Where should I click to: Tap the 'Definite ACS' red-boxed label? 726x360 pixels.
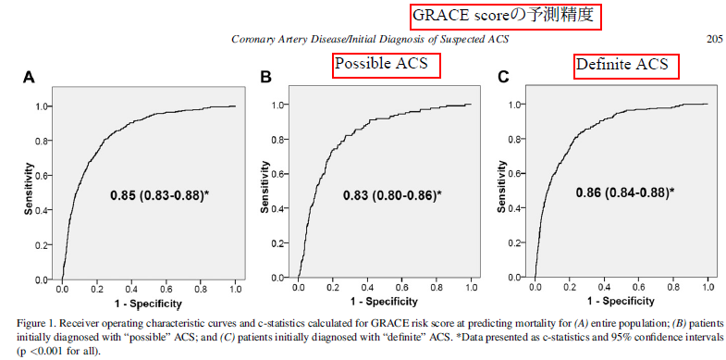[x=626, y=65]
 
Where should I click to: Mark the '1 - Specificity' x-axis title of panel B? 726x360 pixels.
[x=384, y=303]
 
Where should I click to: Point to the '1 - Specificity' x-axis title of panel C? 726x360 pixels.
[x=621, y=303]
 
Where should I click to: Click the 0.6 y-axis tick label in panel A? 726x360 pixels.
[x=43, y=176]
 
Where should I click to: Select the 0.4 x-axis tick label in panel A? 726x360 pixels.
[x=130, y=289]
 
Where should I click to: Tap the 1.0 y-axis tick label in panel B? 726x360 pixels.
[x=279, y=105]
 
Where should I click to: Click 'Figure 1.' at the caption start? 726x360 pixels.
[x=38, y=322]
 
